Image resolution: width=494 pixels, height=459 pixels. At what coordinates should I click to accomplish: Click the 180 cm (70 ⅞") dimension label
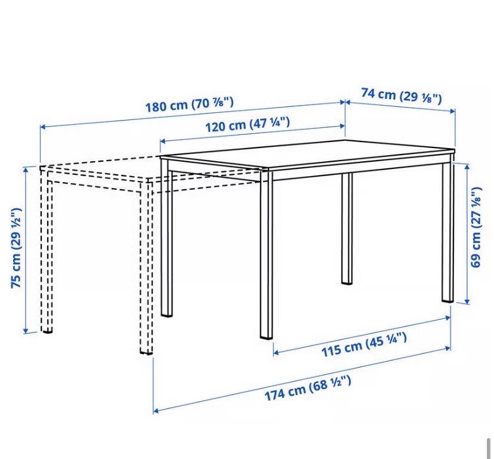[x=189, y=104]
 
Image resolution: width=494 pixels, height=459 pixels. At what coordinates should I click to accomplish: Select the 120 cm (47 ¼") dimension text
[x=248, y=125]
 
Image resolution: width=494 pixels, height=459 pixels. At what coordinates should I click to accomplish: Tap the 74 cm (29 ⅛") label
[x=402, y=96]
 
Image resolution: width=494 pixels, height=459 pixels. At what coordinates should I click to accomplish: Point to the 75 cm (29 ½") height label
[x=16, y=248]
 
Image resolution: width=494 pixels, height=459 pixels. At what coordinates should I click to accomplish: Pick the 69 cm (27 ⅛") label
[x=476, y=227]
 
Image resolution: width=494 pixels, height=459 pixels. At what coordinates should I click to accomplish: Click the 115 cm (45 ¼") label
[x=364, y=344]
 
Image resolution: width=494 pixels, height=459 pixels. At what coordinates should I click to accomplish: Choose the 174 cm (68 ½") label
[x=307, y=388]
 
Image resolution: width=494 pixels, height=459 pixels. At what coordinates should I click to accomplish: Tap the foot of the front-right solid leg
[x=267, y=336]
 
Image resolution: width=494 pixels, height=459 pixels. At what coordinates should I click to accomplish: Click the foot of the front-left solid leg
[x=166, y=314]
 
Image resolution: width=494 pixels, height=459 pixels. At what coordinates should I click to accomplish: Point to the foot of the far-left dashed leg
[x=47, y=330]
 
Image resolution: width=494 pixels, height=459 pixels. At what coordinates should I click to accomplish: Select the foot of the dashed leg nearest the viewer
[x=146, y=351]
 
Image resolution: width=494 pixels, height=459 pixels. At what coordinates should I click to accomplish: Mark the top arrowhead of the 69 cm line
[x=467, y=166]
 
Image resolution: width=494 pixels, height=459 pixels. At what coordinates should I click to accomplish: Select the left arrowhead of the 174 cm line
[x=156, y=411]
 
